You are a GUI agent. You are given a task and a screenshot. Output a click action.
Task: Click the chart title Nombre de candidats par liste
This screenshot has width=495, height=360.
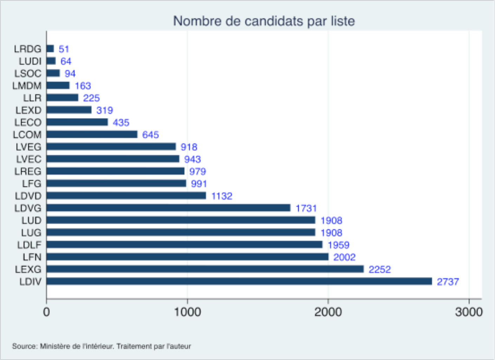[264, 21]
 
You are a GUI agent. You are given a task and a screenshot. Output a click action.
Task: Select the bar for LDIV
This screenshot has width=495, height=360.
[239, 281]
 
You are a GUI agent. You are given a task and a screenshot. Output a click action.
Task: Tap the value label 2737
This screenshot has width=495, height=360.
[448, 282]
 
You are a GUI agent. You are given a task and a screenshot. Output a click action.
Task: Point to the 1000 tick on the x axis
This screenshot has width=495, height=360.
[187, 311]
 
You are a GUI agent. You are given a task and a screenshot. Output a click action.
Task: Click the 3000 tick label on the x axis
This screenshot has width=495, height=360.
[469, 311]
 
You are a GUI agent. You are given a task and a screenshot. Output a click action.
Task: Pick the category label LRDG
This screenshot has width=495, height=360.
[27, 49]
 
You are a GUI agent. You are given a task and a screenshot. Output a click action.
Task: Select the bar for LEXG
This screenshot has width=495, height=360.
[205, 269]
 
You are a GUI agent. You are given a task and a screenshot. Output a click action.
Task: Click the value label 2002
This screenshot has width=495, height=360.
[344, 257]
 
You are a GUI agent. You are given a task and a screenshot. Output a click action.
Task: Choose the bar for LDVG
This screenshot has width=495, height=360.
[168, 208]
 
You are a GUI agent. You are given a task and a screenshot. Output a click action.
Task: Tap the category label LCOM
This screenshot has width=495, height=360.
[27, 135]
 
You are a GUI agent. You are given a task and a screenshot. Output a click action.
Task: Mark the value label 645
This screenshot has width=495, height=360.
[150, 135]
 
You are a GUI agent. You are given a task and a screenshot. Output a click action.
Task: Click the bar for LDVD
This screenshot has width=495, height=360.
[126, 195]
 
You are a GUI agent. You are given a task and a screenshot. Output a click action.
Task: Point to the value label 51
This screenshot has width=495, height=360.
[64, 49]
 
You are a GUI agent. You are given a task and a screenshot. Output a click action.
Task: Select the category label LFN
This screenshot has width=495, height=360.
[32, 257]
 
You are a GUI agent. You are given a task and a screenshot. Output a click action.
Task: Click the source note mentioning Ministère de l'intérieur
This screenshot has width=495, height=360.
[102, 346]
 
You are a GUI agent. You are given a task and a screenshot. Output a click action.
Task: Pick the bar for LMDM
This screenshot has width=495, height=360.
[58, 85]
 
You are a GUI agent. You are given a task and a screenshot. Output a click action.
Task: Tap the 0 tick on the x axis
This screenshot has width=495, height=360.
[46, 311]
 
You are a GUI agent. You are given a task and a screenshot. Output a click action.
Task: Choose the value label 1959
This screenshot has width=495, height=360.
[338, 245]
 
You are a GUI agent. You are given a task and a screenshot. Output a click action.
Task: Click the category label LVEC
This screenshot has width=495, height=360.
[28, 159]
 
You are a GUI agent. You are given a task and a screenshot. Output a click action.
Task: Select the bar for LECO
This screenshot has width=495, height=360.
[77, 122]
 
